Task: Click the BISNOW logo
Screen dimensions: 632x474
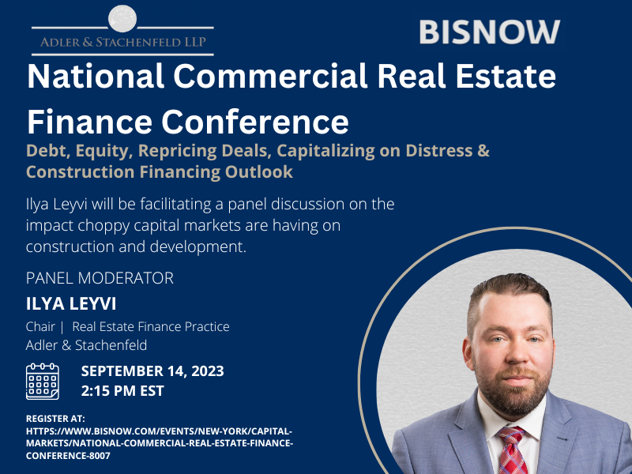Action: coord(490,32)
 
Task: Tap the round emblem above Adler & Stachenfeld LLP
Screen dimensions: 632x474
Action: coord(122,18)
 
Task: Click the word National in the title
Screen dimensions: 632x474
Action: coord(96,76)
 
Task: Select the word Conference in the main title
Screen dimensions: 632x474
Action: coord(255,122)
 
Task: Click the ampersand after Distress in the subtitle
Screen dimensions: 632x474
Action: coord(483,150)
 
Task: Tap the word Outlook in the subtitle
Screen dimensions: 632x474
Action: coord(259,171)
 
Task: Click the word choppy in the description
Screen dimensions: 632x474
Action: coord(103,226)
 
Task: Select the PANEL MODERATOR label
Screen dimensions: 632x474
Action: coord(100,278)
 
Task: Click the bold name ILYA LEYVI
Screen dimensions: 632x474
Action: coord(71,303)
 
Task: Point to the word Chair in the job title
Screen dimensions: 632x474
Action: coord(40,326)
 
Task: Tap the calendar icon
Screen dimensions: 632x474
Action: coord(43,382)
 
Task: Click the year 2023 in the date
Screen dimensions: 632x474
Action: coord(208,371)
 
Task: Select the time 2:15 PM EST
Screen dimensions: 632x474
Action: coord(122,390)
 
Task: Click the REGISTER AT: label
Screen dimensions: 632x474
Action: coord(55,419)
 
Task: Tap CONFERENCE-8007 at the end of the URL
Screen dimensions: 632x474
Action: coord(68,456)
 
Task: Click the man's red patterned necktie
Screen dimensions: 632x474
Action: coord(511,450)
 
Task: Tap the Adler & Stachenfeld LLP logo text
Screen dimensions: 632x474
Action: coord(123,42)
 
